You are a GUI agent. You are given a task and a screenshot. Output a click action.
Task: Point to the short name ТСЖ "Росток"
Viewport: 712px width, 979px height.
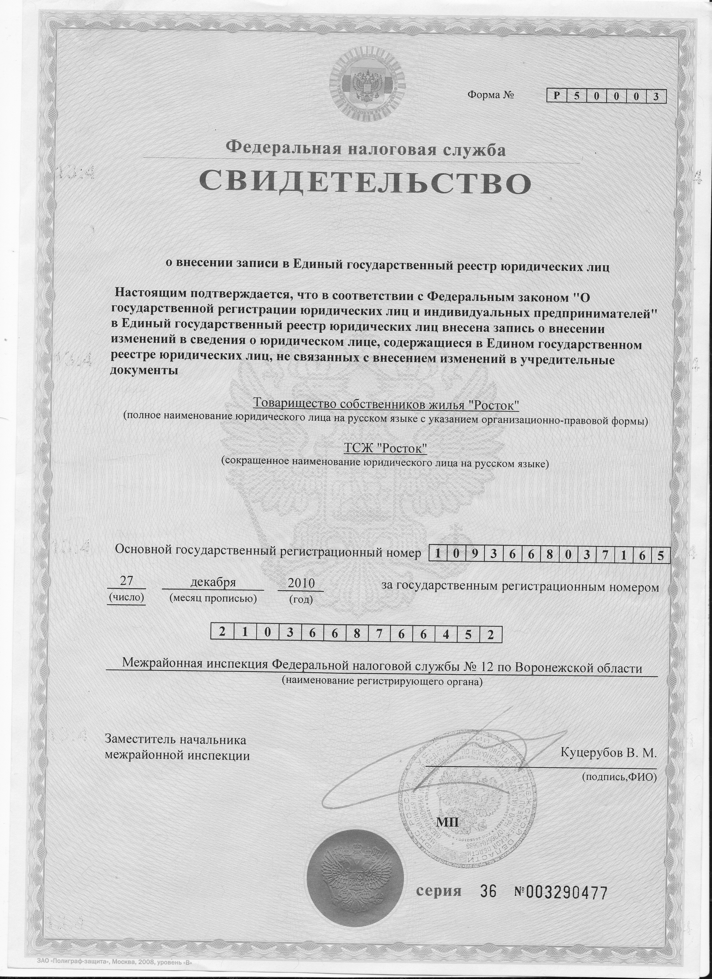[385, 449]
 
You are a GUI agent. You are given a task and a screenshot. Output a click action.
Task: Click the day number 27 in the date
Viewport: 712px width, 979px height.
[126, 581]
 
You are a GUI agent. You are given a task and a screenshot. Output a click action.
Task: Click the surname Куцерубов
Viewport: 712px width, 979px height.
[595, 765]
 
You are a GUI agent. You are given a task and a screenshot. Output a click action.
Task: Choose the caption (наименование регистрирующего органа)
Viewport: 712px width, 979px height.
[382, 682]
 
